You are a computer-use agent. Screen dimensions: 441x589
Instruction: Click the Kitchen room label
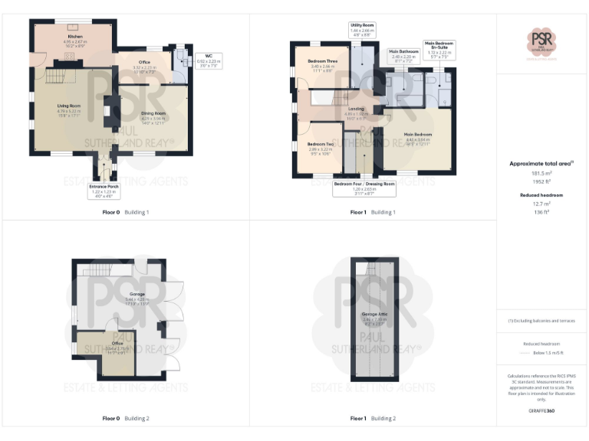tap(75, 41)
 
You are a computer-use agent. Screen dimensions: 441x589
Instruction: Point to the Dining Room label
tap(153, 116)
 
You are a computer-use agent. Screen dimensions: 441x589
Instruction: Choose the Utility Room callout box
tap(361, 30)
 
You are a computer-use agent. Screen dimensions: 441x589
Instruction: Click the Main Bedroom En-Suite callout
tap(439, 50)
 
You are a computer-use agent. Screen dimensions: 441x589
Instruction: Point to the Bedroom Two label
tap(320, 148)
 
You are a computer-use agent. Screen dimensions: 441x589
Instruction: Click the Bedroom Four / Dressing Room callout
tap(364, 188)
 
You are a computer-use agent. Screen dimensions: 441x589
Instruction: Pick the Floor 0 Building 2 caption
tap(126, 419)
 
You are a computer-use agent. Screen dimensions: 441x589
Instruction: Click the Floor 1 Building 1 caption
tap(373, 212)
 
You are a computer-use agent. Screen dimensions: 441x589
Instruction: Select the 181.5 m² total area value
tap(542, 173)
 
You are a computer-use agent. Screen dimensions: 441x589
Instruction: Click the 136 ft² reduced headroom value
tap(542, 212)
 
